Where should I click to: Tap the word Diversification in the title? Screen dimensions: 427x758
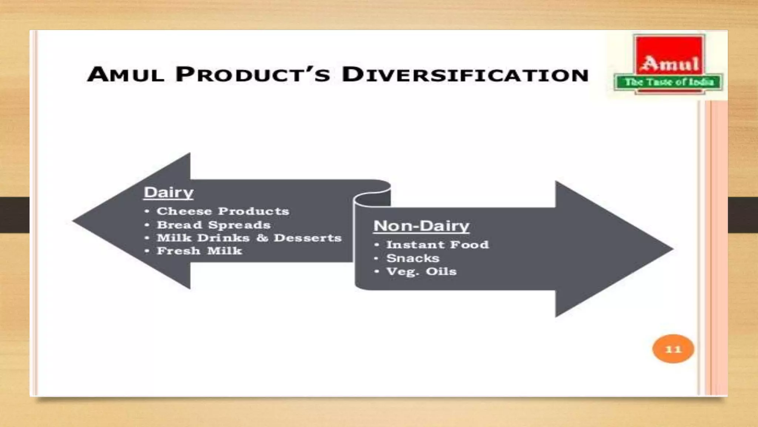[x=465, y=74]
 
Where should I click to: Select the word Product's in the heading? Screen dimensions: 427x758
[x=252, y=74]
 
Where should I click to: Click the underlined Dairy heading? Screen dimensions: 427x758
[x=168, y=192]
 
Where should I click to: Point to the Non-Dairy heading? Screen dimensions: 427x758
[x=421, y=226]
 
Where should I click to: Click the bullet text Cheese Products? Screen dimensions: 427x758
[x=222, y=211]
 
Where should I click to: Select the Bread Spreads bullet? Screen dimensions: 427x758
[x=214, y=225]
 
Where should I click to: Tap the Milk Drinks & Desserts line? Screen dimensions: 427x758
[x=249, y=238]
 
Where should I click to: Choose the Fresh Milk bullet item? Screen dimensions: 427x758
[x=199, y=251]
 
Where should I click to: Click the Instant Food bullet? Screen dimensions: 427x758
[x=437, y=245]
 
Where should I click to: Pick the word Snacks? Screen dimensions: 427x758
[x=413, y=258]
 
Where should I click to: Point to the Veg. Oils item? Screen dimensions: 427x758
[x=421, y=271]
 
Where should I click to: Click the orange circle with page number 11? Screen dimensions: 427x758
[x=673, y=349]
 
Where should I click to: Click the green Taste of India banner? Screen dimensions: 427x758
[x=668, y=82]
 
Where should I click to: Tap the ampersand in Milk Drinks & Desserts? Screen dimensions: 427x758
[x=262, y=238]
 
